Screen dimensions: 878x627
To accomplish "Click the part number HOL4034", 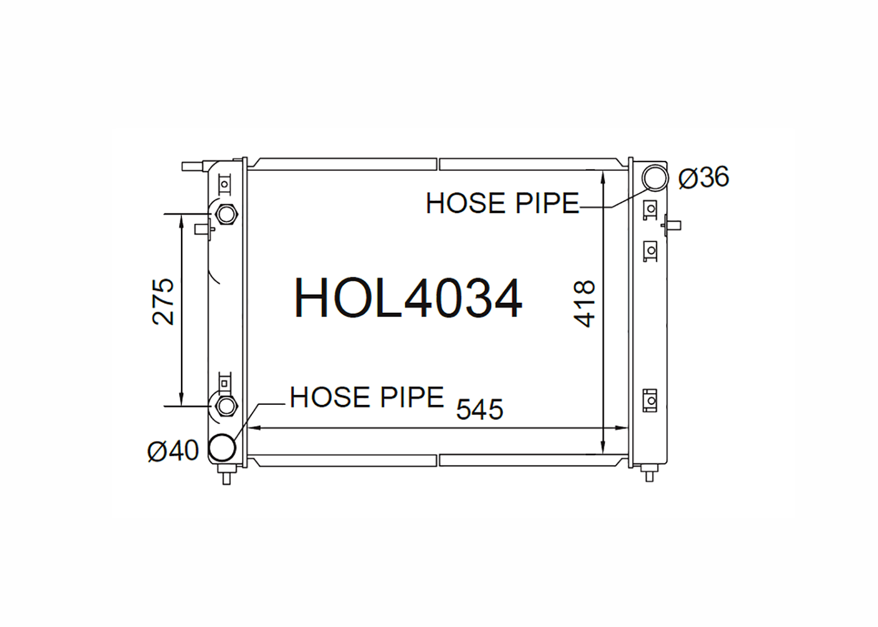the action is click(408, 298).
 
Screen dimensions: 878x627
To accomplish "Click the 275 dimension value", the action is click(163, 302).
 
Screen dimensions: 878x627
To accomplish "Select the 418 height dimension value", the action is click(584, 304).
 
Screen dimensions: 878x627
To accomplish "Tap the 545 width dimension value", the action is click(479, 409).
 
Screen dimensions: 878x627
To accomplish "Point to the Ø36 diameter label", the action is click(704, 177).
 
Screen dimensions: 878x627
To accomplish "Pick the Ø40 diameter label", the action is click(173, 450).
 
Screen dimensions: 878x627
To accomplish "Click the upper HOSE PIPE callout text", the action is click(502, 204).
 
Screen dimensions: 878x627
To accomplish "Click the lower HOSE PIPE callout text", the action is click(367, 397).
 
